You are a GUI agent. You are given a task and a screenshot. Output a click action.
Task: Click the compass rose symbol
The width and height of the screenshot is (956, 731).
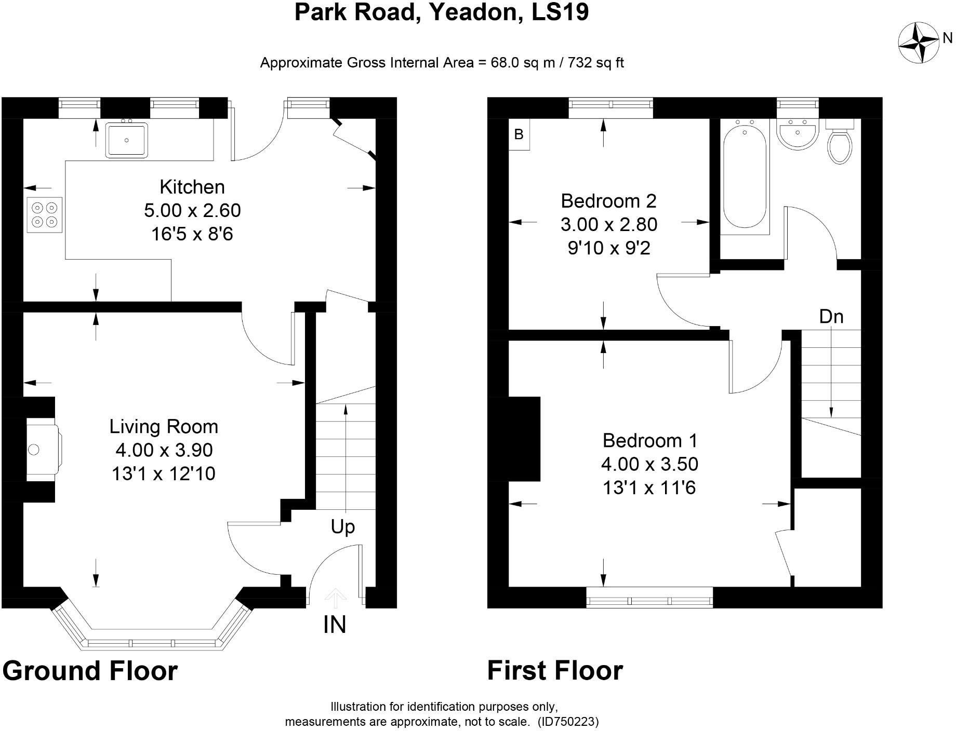coord(918,43)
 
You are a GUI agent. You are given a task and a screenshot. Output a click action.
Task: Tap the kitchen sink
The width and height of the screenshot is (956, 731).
coord(127,140)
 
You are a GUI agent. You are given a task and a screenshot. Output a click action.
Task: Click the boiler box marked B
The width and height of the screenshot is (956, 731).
coord(519,134)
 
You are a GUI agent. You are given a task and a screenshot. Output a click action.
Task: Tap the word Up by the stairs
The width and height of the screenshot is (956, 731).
coord(342,527)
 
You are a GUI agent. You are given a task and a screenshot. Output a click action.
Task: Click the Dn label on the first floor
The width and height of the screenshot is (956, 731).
coord(831,316)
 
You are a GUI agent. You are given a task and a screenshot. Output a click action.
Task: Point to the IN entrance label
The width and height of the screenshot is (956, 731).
coord(335,625)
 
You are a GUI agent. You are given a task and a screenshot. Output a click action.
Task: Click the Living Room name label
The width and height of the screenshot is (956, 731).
coord(164,426)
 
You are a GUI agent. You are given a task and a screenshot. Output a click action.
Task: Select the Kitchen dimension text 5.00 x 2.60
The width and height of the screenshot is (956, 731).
coord(192,210)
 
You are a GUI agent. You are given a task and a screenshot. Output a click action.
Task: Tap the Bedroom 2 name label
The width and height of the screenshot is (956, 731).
coord(608,200)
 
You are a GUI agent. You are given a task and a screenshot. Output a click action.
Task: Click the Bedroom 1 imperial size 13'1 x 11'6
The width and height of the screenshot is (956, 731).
coord(649,488)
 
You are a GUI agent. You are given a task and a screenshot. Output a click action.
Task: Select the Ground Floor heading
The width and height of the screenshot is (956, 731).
coord(90,670)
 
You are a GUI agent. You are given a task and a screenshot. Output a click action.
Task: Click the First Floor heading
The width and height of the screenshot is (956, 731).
coord(554,670)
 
